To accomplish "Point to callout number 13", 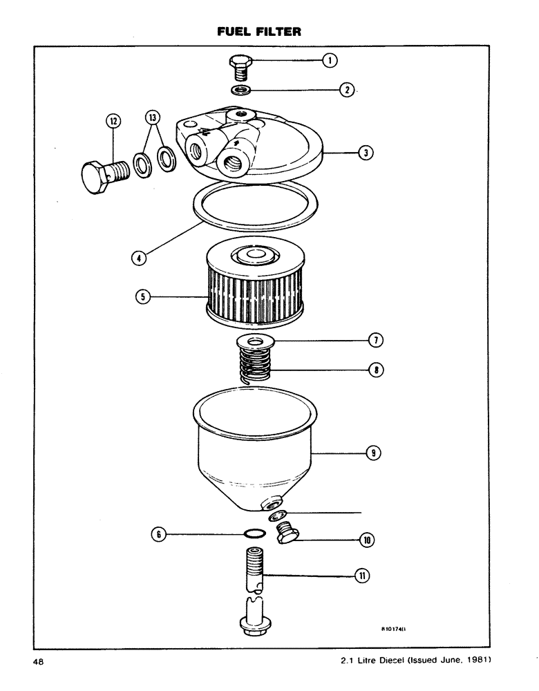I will coord(153,117).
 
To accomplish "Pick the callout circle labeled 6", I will coord(159,533).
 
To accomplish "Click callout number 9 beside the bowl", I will coord(374,453).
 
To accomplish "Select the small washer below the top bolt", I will coord(241,91).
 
